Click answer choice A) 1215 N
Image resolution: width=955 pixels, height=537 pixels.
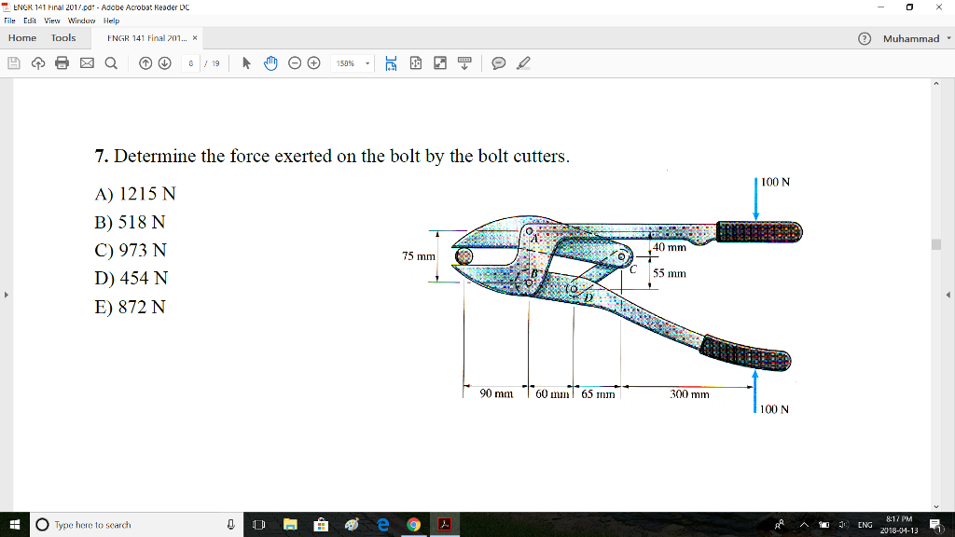pos(135,195)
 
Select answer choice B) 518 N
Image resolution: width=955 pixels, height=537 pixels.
pos(131,223)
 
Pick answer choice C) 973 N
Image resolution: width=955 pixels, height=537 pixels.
pos(131,251)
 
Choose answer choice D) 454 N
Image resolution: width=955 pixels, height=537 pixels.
pos(131,279)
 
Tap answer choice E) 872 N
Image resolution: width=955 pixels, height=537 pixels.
pos(131,307)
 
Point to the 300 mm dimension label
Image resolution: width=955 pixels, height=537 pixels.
pos(689,394)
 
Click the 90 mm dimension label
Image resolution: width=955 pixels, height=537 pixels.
pos(496,394)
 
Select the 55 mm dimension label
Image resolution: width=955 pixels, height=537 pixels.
pos(670,274)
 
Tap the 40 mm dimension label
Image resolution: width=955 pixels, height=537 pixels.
pos(670,248)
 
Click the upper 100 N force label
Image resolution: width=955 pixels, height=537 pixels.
pos(775,182)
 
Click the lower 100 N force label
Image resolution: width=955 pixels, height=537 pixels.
pos(775,409)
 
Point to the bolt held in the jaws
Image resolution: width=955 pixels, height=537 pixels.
pos(464,257)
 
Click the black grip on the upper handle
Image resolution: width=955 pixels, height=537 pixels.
pos(757,231)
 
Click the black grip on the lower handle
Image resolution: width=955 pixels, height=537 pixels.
pos(746,353)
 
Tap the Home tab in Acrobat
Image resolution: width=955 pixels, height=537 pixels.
pos(22,38)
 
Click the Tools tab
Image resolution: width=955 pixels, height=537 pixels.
pos(63,38)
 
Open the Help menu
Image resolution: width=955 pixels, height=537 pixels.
pos(112,20)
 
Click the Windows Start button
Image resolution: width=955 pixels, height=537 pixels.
pos(14,525)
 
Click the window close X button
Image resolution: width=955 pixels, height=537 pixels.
pos(938,7)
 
